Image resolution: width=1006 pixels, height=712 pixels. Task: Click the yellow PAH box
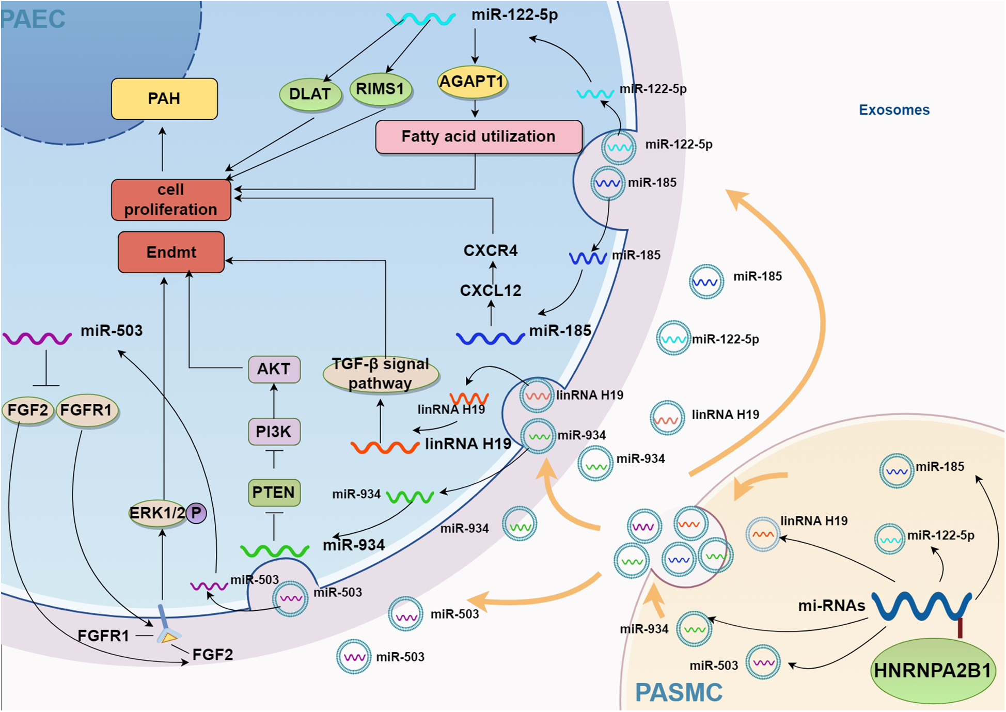click(x=164, y=99)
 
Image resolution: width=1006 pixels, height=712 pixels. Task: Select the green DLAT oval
click(x=310, y=94)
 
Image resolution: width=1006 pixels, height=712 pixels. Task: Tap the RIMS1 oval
click(x=380, y=89)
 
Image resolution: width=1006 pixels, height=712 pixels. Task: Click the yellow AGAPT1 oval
click(x=471, y=82)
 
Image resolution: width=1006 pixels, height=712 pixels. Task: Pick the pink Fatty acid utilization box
click(x=478, y=137)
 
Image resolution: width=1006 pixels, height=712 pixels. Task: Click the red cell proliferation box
click(x=170, y=200)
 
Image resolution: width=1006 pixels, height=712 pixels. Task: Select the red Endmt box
click(x=171, y=252)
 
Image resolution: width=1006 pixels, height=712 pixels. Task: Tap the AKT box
click(x=274, y=369)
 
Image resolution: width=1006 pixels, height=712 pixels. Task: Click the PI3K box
click(x=274, y=431)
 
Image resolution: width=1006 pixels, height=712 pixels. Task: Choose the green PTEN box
click(x=274, y=492)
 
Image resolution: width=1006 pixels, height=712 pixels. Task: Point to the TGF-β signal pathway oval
click(x=381, y=373)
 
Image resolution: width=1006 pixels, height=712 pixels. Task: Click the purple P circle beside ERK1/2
click(x=196, y=513)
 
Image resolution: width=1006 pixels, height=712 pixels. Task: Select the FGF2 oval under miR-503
click(x=27, y=410)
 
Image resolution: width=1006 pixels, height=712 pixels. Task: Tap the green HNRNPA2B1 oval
click(x=933, y=670)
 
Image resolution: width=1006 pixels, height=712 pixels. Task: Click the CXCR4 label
click(x=490, y=251)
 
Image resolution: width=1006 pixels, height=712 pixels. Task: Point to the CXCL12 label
click(x=490, y=291)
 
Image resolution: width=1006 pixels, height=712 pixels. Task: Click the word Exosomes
click(x=894, y=110)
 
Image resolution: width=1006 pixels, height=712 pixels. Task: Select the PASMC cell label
click(x=678, y=692)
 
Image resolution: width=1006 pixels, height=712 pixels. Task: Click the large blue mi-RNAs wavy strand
click(x=921, y=605)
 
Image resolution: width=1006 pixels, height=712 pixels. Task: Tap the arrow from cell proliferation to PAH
click(x=163, y=150)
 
